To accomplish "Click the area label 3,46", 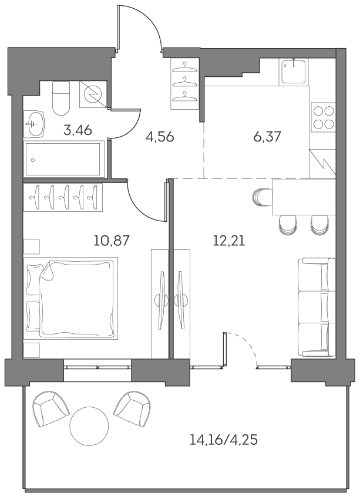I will coord(78,130).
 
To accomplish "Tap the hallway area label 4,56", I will coord(160,138).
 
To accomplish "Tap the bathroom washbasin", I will coord(35,123).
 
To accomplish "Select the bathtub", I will coord(64,158).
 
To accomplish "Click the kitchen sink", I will coord(292,72).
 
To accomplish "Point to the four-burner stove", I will coord(324,117).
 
